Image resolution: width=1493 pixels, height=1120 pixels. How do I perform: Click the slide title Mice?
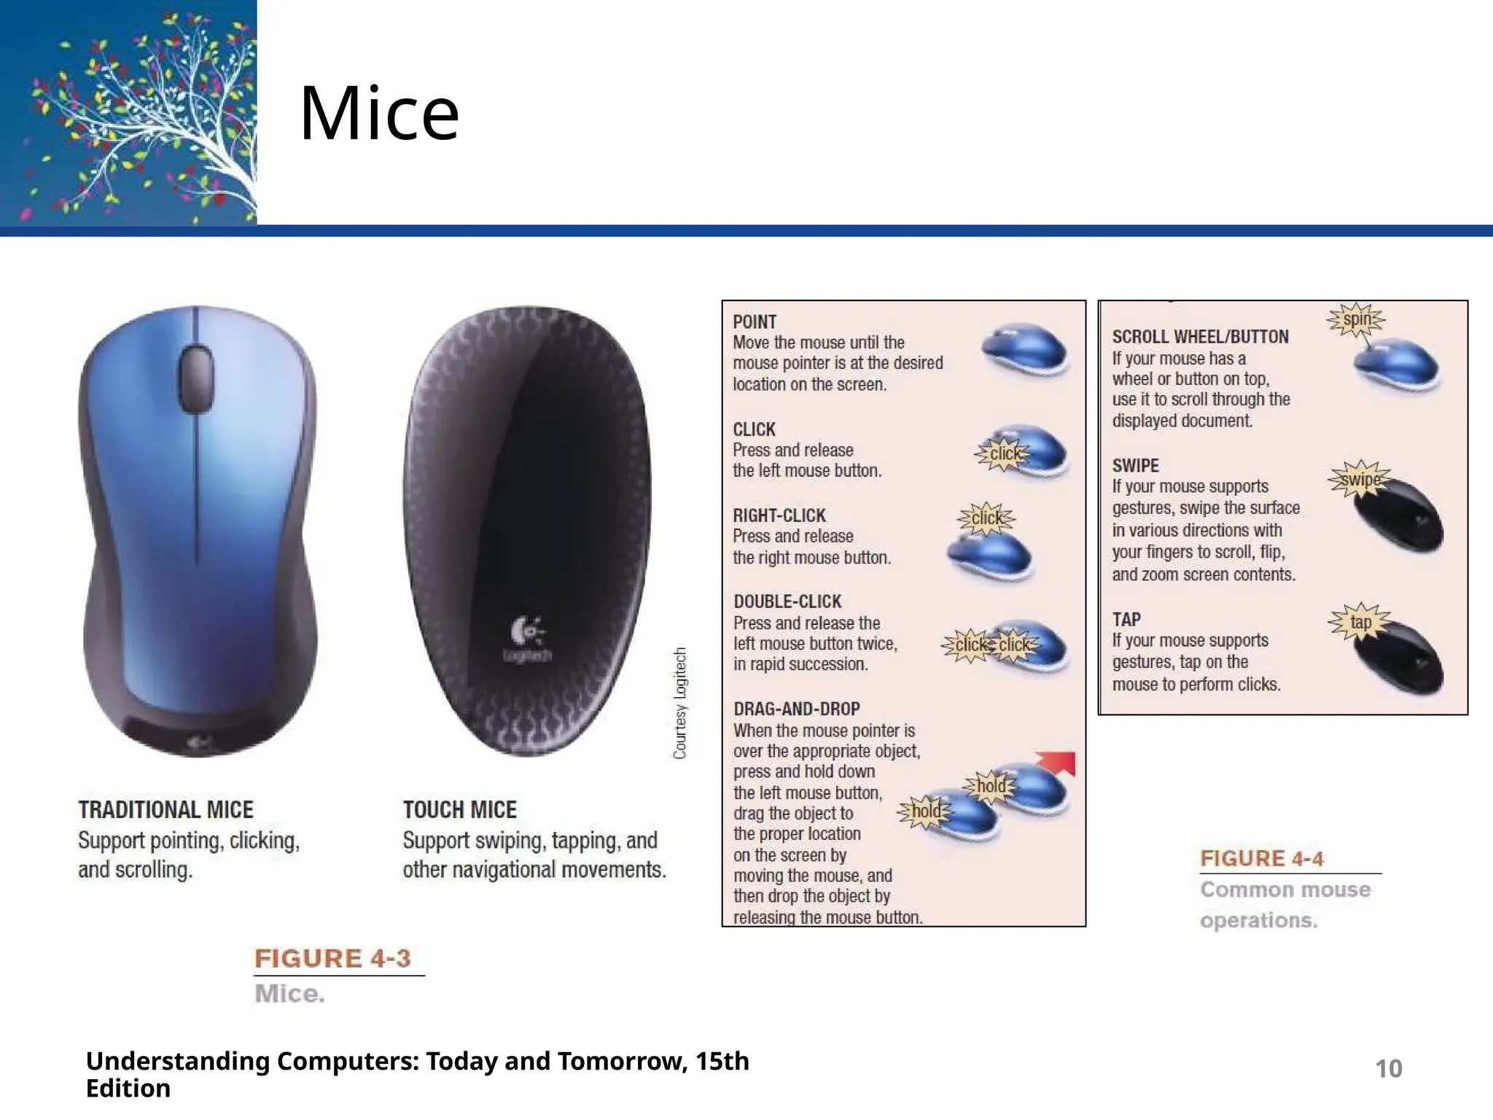(x=379, y=114)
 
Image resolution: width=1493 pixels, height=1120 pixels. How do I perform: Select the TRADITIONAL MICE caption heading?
(x=165, y=809)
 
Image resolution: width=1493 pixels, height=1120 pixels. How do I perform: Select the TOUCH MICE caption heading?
(x=459, y=809)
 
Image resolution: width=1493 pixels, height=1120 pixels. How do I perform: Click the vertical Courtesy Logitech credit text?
(x=679, y=703)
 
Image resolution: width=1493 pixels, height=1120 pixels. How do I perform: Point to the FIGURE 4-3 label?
(x=332, y=958)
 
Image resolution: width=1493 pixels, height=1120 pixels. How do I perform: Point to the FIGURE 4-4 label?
(x=1261, y=858)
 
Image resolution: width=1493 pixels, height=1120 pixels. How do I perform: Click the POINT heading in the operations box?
(x=755, y=322)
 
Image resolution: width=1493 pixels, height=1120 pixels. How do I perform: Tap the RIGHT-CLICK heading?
(x=779, y=516)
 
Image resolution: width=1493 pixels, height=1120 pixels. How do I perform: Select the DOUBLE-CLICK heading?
(x=787, y=602)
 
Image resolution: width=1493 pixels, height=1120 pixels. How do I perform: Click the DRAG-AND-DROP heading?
(x=797, y=709)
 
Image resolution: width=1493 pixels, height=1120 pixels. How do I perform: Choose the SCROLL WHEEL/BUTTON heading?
(x=1200, y=337)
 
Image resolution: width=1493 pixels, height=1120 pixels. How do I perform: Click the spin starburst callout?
(x=1357, y=319)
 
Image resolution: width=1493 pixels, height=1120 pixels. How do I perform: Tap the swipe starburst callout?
(x=1360, y=479)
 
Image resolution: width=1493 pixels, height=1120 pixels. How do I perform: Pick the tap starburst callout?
(x=1360, y=622)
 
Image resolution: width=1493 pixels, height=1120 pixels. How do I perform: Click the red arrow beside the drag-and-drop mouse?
(x=1059, y=762)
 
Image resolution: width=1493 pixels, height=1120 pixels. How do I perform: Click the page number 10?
(x=1388, y=1069)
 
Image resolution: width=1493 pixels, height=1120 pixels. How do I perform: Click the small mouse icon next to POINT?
(x=1025, y=350)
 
